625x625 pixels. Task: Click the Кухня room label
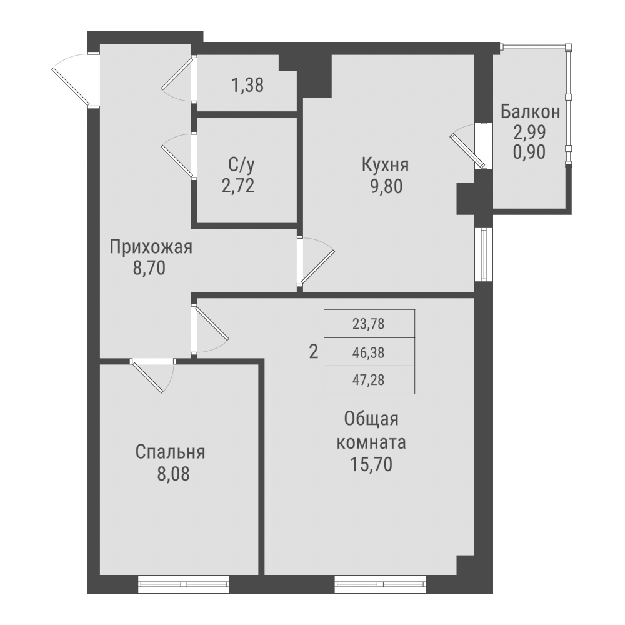click(x=385, y=166)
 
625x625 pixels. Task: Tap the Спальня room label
click(x=170, y=452)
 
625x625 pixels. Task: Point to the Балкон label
click(x=530, y=112)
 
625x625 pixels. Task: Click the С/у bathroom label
click(x=241, y=166)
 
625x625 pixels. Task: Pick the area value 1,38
click(x=247, y=85)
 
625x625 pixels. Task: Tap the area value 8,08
click(x=172, y=473)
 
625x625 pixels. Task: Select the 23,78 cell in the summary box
click(x=369, y=324)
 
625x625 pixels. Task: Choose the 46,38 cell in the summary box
click(x=369, y=352)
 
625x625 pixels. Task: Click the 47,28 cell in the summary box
click(x=369, y=380)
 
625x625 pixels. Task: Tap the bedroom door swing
click(x=152, y=375)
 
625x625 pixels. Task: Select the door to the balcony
click(x=469, y=147)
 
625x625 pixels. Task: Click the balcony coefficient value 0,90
click(x=530, y=151)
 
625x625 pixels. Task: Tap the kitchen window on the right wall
click(x=484, y=256)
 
